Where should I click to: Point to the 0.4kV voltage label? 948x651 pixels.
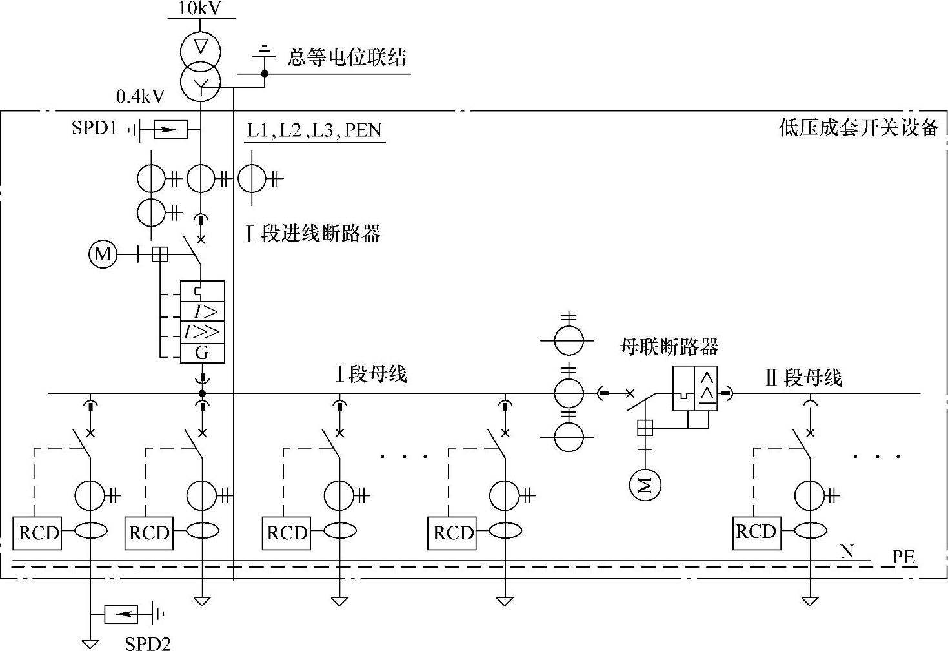point(140,97)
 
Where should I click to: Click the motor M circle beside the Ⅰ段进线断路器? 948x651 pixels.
point(103,254)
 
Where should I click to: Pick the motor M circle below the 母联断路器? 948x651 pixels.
point(646,484)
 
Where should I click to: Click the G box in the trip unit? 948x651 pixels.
point(202,353)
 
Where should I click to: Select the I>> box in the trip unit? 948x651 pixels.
point(202,332)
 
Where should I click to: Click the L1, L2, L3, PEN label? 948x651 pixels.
point(314,130)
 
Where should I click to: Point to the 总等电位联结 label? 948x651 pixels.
point(347,57)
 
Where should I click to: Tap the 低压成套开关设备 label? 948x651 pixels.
point(858,127)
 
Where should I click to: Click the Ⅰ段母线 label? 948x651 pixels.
point(370,374)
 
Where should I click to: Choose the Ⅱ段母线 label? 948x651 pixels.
point(803,378)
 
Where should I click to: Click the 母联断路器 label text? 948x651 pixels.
point(669,347)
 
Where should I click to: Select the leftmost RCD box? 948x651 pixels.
point(37,533)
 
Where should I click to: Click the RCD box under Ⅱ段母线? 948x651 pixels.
point(756,532)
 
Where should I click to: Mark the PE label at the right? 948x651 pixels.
point(903,557)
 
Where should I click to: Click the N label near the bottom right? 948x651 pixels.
point(847,551)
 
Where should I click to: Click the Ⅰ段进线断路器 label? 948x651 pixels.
point(313,233)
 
